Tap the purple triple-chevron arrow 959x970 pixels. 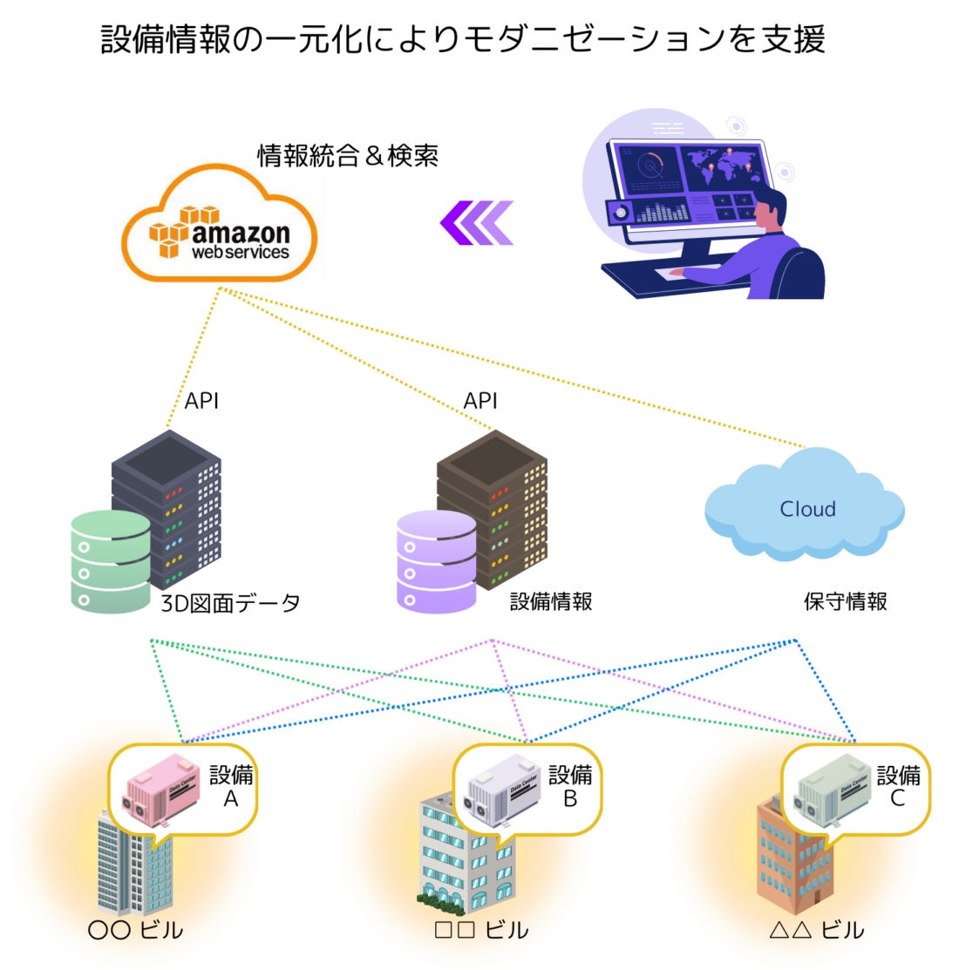[x=478, y=223]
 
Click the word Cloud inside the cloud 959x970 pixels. [x=807, y=509]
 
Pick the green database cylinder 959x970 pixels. [x=110, y=562]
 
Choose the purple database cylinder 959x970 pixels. [x=437, y=562]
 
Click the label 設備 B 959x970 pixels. [x=570, y=786]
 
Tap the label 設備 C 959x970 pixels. [x=898, y=786]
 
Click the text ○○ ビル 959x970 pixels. [x=136, y=931]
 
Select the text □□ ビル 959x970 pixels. [x=481, y=931]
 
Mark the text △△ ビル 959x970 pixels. [x=816, y=931]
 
